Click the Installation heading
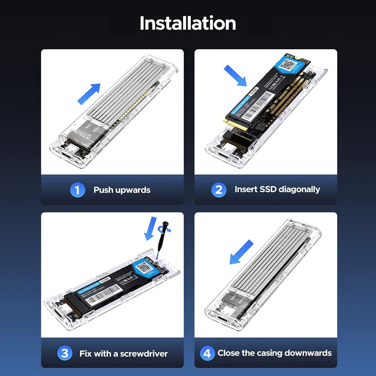188,23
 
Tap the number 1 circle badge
77,190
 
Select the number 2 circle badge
218,190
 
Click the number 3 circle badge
65,353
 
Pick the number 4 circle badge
207,353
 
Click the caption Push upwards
122,190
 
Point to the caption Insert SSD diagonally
277,189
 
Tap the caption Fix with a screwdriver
123,354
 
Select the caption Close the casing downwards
274,353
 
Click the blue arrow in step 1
89,94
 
